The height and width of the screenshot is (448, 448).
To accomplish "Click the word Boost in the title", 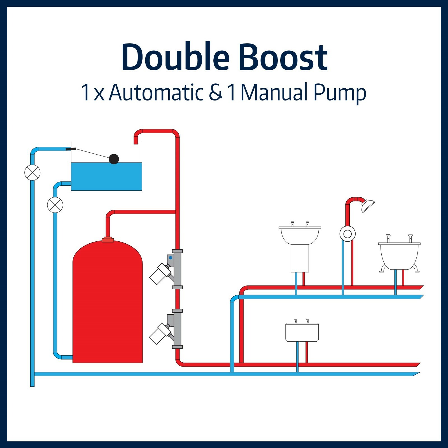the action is point(283,57).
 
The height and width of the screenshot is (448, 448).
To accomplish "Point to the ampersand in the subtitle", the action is point(216,92).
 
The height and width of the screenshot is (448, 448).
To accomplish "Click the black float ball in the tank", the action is point(114,159).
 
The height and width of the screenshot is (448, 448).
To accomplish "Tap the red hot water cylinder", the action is point(108,302).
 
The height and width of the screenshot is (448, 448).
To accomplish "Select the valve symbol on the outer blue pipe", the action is point(32,173).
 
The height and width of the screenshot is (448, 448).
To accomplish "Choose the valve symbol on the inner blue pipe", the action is point(55,205).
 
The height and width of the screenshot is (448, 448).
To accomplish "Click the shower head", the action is point(368,206).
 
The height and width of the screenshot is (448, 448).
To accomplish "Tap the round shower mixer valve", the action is point(347,234).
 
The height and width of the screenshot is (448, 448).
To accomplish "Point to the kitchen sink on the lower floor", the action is point(302,332).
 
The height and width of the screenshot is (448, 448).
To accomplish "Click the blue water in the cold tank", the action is point(106,176).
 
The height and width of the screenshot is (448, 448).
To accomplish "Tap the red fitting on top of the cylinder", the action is point(108,240).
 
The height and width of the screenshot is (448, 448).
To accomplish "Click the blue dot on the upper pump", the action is point(171,258).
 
